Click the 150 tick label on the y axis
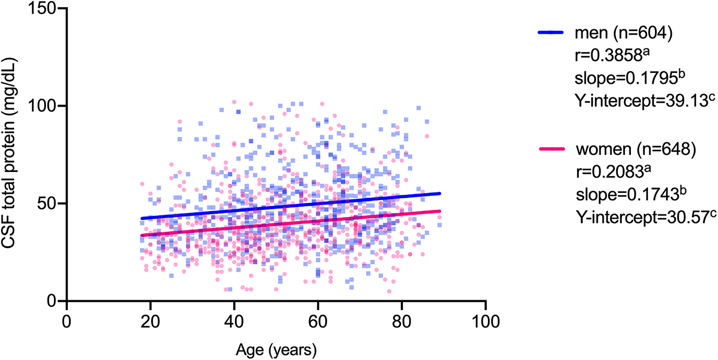click(x=44, y=9)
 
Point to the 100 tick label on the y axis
click(x=44, y=106)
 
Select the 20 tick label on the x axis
click(x=150, y=321)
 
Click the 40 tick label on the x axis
click(x=234, y=321)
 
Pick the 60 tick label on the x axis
click(x=318, y=321)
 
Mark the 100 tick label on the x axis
click(x=485, y=321)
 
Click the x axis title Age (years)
click(x=276, y=348)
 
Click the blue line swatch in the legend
click(x=553, y=33)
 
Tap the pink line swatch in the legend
click(x=553, y=150)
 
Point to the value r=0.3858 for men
click(x=610, y=56)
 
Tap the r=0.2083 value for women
click(x=610, y=172)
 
